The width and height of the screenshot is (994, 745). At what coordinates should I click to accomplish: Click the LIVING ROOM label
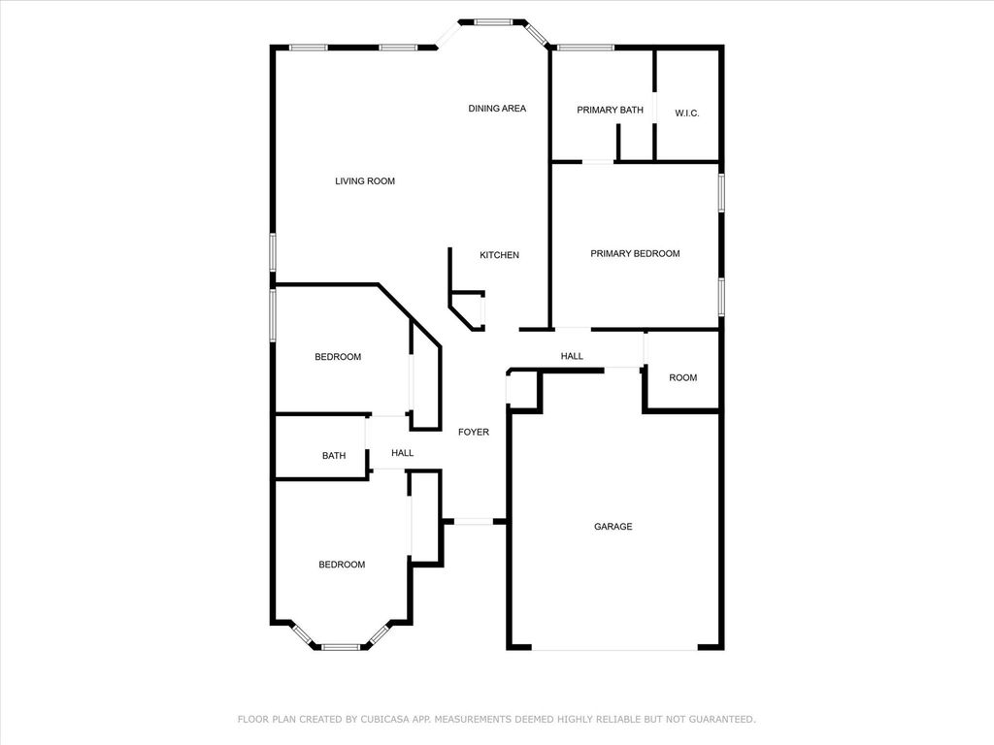[x=365, y=181]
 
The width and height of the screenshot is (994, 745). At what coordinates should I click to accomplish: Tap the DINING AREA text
[x=497, y=109]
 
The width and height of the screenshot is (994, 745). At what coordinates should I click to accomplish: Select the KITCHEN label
[x=499, y=255]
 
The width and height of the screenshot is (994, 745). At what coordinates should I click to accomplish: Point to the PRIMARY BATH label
[x=610, y=110]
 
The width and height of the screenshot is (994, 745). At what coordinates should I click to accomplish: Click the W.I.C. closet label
[x=686, y=113]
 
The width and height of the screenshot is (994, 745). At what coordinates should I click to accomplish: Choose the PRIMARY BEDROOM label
[x=635, y=253]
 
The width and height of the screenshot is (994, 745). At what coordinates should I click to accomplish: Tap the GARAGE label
[x=613, y=527]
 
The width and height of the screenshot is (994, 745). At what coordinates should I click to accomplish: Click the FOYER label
[x=474, y=432]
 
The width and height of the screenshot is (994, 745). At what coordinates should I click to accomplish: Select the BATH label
[x=334, y=456]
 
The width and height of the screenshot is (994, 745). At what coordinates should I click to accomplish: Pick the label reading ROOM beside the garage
[x=682, y=377]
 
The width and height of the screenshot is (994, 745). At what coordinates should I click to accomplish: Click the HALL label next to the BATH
[x=403, y=453]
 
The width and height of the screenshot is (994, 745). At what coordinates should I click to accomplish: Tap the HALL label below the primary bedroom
[x=572, y=356]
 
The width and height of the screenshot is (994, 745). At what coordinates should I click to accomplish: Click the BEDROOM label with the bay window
[x=342, y=565]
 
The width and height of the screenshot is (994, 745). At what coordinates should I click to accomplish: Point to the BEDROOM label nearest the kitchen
[x=338, y=357]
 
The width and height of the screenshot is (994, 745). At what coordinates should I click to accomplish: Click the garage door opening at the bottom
[x=614, y=648]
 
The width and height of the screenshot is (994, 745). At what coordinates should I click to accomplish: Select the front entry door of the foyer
[x=474, y=521]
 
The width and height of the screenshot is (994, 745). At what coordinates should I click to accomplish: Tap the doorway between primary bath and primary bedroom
[x=598, y=162]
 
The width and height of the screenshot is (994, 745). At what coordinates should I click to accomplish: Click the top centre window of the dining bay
[x=493, y=22]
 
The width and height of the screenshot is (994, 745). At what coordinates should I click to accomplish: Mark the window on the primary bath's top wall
[x=585, y=47]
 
